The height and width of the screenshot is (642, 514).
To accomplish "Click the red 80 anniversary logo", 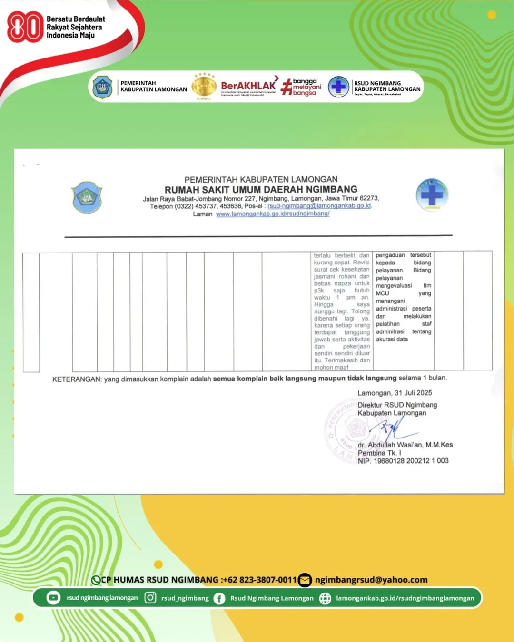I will (x=25, y=27).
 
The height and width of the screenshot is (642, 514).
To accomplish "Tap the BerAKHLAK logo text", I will (x=248, y=86).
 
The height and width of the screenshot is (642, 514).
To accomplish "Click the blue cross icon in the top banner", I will (x=338, y=87).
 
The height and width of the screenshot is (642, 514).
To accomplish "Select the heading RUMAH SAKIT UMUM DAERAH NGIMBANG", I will (x=261, y=189).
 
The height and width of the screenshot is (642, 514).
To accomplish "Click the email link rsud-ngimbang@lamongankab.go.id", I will (x=319, y=206).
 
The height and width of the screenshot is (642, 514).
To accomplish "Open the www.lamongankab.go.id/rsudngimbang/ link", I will (x=273, y=214).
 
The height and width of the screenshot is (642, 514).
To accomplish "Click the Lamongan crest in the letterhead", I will (x=87, y=197).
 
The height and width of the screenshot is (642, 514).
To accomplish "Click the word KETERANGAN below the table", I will (x=77, y=379).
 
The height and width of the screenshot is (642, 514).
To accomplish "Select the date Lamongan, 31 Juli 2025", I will (x=395, y=393).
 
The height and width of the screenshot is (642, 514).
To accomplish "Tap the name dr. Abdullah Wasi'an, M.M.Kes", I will (x=405, y=445).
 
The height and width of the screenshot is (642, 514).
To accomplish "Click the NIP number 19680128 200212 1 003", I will (x=411, y=461).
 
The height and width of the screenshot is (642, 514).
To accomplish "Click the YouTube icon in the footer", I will (x=53, y=598).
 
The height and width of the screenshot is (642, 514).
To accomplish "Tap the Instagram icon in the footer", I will (x=150, y=598).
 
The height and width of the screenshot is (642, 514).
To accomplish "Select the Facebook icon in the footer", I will (x=219, y=598).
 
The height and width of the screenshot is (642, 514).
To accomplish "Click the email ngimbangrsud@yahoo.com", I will (x=371, y=580).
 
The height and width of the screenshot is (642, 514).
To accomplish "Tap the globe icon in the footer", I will (x=325, y=598).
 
